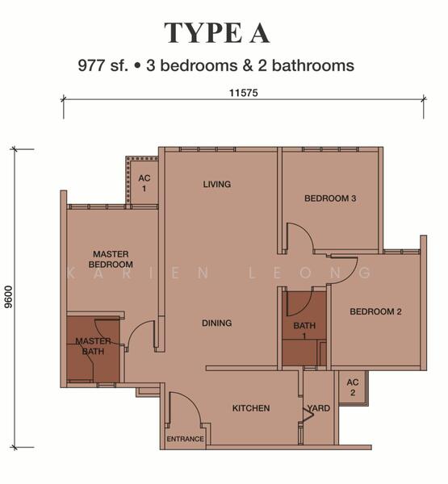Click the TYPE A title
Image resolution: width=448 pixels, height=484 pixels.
217,33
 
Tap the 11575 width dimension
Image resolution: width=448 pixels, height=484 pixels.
244,93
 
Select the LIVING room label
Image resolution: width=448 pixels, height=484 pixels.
217,184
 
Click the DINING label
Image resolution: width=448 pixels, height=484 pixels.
217,323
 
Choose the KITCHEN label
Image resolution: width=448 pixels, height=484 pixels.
251,408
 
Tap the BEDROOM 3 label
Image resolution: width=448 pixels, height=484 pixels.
330,198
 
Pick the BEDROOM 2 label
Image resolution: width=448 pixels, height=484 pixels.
375,311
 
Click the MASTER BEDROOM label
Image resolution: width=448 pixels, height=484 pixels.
111,259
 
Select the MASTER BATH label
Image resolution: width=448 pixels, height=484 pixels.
93,346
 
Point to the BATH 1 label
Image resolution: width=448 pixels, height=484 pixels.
304,330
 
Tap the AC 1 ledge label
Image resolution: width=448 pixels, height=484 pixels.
144,183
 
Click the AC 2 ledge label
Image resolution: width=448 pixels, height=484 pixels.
353,387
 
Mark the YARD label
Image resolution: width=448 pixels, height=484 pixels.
319,408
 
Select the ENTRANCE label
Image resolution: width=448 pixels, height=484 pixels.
186,439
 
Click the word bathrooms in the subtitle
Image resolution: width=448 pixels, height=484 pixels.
313,66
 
